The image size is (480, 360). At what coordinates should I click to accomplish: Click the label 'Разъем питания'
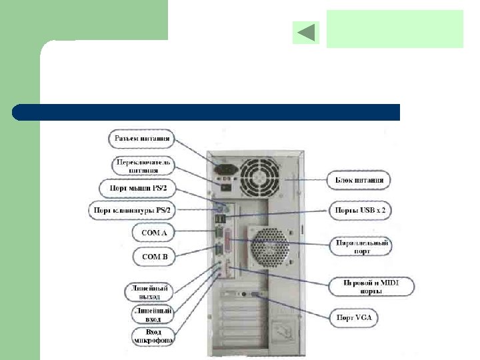(140, 139)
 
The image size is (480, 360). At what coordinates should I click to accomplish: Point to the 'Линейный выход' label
(148, 291)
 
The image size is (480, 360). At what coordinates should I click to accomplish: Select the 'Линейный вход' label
(152, 314)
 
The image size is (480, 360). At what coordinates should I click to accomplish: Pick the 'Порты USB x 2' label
(359, 210)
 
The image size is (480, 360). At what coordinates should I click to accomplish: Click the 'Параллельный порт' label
(361, 247)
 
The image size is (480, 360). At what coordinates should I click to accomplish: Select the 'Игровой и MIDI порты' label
(371, 287)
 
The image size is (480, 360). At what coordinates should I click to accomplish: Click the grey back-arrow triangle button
(306, 33)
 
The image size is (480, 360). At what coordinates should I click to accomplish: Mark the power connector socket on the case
(223, 165)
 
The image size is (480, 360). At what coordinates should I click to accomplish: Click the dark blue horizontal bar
(207, 112)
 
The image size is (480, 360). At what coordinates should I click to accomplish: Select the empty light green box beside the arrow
(395, 29)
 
